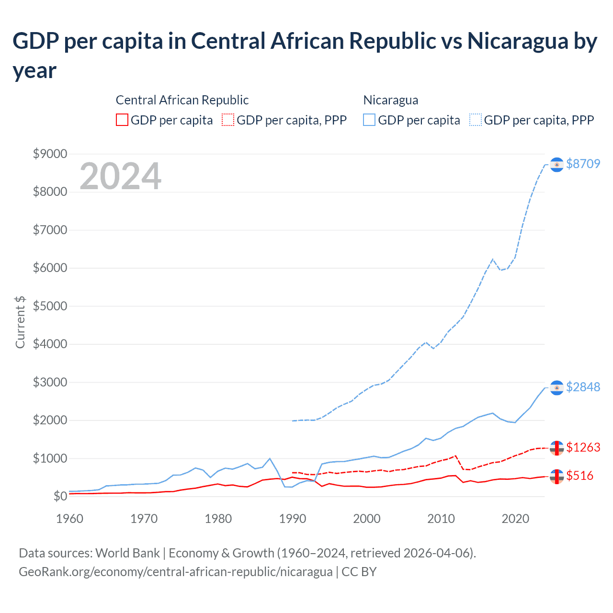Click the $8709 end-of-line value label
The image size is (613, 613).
[x=583, y=164]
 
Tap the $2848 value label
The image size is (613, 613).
[x=583, y=387]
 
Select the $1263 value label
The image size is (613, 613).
[x=583, y=447]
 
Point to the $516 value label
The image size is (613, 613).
[x=579, y=476]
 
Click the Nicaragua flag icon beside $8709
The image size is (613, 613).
[x=556, y=164]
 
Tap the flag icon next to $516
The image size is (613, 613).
[x=556, y=476]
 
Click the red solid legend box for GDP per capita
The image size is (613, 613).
[x=122, y=120]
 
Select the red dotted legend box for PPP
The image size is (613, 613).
[x=228, y=120]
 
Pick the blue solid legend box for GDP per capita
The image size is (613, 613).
[x=369, y=120]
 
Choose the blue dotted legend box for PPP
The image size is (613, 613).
[x=476, y=120]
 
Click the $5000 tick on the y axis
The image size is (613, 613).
[x=50, y=306]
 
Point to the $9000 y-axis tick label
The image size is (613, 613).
[x=50, y=154]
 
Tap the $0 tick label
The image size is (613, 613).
[x=60, y=496]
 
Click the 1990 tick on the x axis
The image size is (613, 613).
[x=293, y=519]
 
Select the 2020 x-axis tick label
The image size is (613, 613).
[x=515, y=519]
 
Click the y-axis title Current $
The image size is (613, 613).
[x=20, y=322]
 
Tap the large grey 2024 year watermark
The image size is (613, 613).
[x=120, y=176]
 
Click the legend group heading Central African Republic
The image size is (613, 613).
[x=182, y=100]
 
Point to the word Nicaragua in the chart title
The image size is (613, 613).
[x=518, y=41]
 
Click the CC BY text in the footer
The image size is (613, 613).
[x=359, y=572]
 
